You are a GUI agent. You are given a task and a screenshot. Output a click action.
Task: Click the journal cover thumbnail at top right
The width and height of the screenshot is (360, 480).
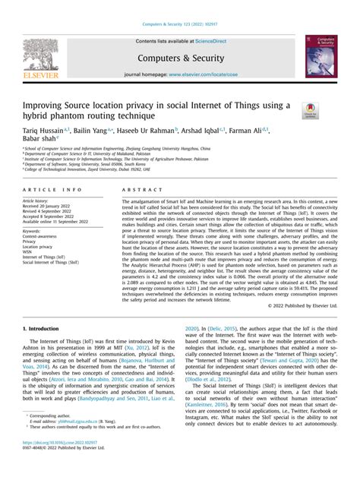click(321, 55)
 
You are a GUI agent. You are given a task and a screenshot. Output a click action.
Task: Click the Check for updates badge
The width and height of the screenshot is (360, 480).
click(310, 112)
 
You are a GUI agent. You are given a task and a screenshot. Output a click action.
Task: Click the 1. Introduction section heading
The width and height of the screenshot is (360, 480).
click(41, 328)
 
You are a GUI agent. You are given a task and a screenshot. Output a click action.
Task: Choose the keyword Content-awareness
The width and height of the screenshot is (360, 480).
click(42, 236)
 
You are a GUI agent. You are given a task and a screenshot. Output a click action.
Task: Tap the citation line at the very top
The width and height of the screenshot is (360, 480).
click(179, 8)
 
